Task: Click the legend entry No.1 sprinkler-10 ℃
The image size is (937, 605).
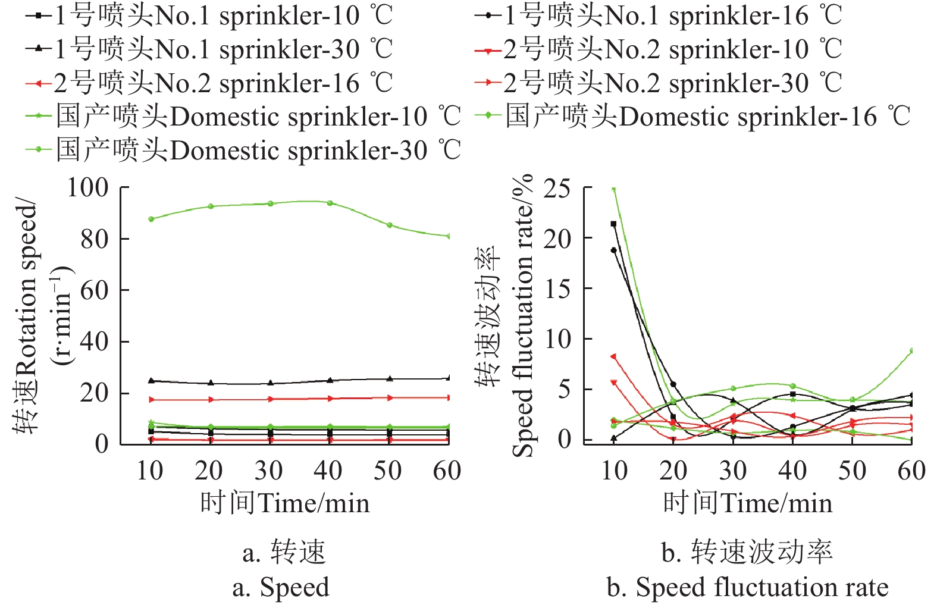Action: click(x=208, y=15)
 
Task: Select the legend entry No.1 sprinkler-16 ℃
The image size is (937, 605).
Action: click(x=658, y=15)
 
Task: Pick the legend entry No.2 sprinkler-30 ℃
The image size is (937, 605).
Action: click(x=658, y=83)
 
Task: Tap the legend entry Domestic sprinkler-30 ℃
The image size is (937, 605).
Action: click(x=243, y=150)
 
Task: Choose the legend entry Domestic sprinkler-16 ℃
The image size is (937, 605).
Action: click(x=693, y=116)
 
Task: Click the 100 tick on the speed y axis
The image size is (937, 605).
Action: click(x=87, y=188)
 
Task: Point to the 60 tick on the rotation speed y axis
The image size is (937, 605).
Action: click(x=94, y=290)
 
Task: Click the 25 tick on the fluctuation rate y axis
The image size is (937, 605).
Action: click(x=557, y=189)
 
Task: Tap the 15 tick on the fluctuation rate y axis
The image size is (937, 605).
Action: click(x=557, y=289)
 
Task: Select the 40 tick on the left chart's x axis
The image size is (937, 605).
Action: click(x=328, y=471)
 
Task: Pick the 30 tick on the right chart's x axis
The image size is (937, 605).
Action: click(x=733, y=471)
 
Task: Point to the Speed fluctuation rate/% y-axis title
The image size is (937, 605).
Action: click(x=506, y=315)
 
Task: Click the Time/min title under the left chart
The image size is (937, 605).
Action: click(x=284, y=503)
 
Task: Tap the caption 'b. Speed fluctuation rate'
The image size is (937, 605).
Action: click(x=747, y=587)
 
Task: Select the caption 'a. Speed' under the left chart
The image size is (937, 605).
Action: click(x=280, y=587)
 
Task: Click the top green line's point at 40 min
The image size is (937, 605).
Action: click(x=330, y=203)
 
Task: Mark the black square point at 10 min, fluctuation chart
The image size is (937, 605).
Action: click(x=613, y=224)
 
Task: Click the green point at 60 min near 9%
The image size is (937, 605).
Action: click(x=911, y=351)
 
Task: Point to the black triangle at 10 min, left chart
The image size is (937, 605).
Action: click(x=151, y=381)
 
